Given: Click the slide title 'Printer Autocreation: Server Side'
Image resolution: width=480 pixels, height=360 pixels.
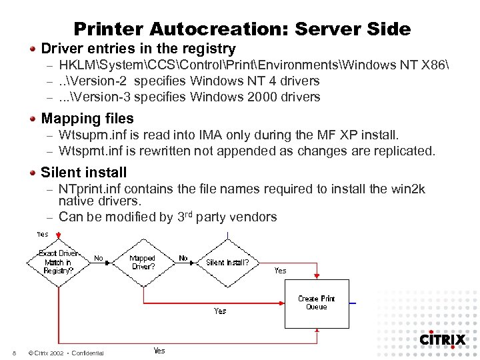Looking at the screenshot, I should (x=242, y=29).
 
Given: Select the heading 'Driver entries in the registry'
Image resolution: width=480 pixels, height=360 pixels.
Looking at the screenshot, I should (x=138, y=49).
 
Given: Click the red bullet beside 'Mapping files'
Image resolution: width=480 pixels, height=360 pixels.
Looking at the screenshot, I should (x=33, y=119).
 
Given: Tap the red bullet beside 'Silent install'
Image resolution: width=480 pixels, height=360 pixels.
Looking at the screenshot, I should (x=33, y=172).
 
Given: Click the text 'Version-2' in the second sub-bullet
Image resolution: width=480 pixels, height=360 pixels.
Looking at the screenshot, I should (x=101, y=81).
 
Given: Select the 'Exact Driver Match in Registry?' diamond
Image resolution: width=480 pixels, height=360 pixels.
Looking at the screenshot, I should (x=59, y=262).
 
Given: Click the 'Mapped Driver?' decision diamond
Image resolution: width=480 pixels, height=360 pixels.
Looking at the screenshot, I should (x=142, y=262).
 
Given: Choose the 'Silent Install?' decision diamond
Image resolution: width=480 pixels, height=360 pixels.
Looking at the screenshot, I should (x=227, y=262).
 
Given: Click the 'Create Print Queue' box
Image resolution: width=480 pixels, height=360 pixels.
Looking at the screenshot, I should (x=317, y=303).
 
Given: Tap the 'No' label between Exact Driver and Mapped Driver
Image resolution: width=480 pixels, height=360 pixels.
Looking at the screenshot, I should (x=98, y=257).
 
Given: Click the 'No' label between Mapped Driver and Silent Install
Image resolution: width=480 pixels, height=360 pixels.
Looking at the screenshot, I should (x=183, y=257).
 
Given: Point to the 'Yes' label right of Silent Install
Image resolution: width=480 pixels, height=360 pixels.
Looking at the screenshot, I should (x=280, y=270).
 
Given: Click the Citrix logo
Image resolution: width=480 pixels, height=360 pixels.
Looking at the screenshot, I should (x=442, y=339).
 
